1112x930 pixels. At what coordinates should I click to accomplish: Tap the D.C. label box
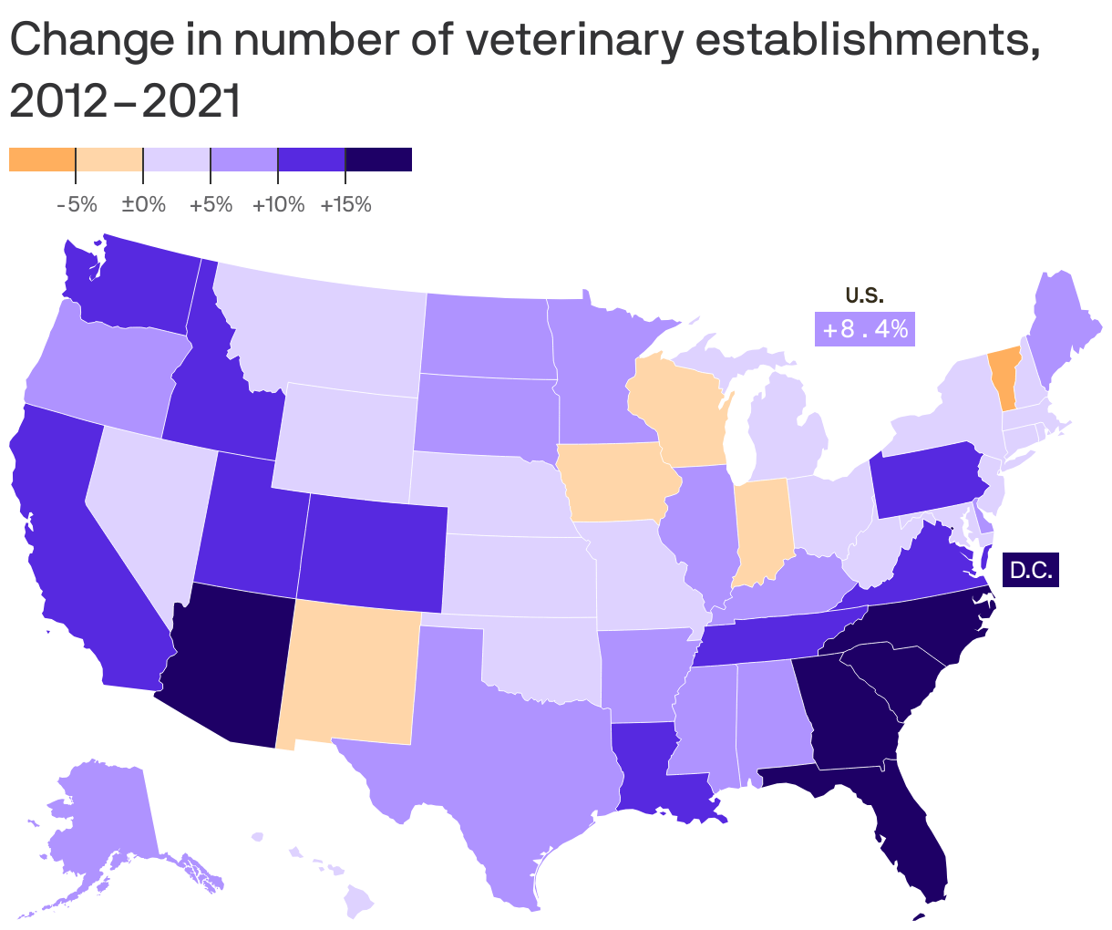coord(1031,571)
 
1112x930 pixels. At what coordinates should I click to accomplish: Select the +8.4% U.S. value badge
coord(864,329)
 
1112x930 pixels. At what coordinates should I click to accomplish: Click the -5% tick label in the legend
coord(77,204)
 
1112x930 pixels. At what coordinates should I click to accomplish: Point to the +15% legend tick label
coord(345,204)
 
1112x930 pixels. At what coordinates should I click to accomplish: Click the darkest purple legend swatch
coord(378,160)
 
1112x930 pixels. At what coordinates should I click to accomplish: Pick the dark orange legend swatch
coord(42,160)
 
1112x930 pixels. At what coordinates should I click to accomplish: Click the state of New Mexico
coord(351,675)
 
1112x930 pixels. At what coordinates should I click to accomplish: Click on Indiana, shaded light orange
coord(758,529)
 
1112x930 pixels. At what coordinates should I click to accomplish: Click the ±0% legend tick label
coord(143,204)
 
